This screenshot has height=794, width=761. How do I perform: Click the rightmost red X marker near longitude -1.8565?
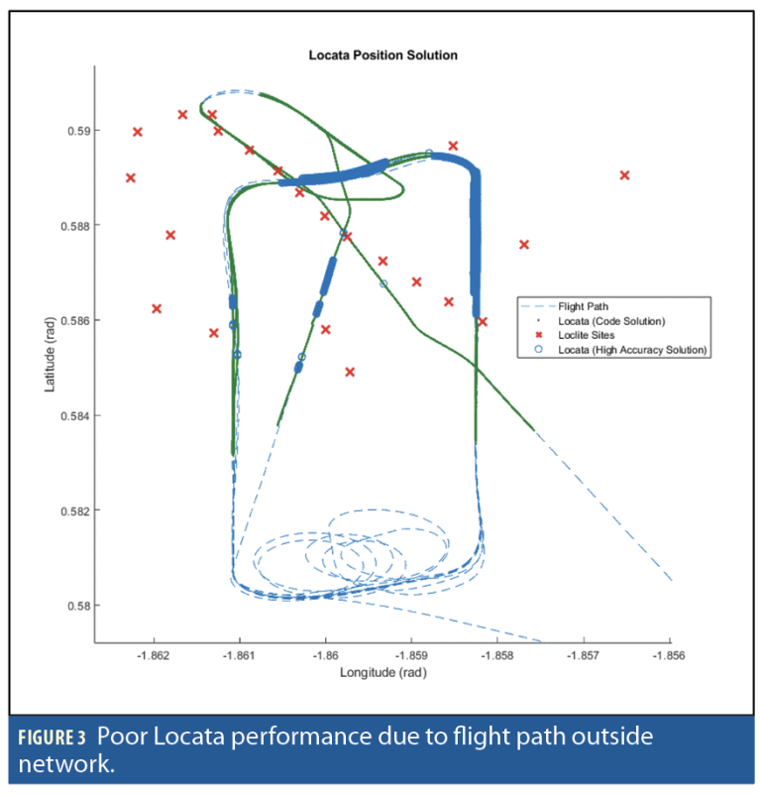[624, 175]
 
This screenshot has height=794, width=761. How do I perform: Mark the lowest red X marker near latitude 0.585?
[350, 372]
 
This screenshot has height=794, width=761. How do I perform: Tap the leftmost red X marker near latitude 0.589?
[131, 177]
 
